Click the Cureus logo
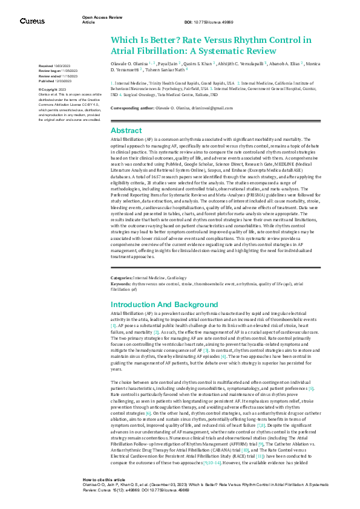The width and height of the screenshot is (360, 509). tap(32, 21)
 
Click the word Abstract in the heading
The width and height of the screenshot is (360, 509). tap(126, 130)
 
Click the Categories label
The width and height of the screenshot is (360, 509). tap(123, 277)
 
